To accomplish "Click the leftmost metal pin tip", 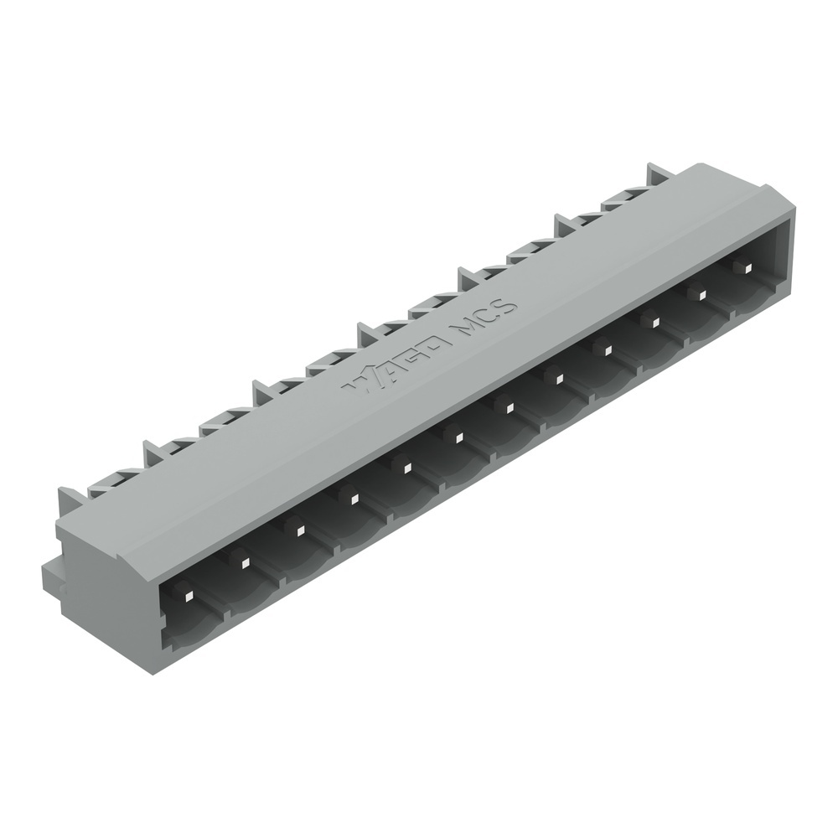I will coord(189,595).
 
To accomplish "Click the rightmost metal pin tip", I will coord(741,267).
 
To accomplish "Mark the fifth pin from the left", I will coord(404,466).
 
